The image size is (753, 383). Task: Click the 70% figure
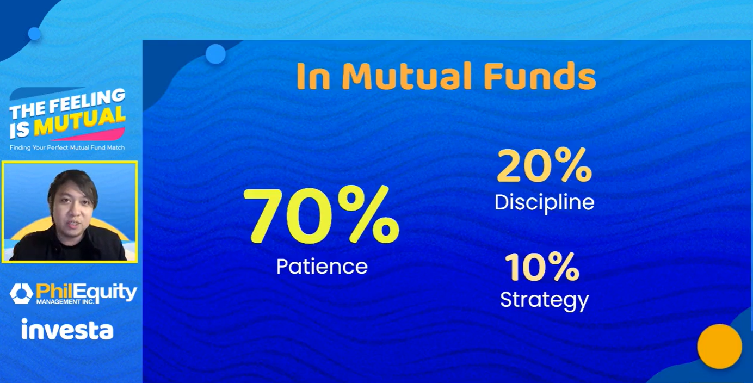click(x=322, y=215)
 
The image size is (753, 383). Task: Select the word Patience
click(x=322, y=267)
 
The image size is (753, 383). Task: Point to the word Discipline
click(x=544, y=203)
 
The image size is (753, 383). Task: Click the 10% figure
click(x=542, y=267)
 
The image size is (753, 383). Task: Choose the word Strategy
click(x=544, y=300)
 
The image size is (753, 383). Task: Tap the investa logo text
click(x=67, y=329)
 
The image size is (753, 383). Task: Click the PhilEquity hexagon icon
click(x=21, y=293)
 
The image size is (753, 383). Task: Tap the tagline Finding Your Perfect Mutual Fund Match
click(x=67, y=147)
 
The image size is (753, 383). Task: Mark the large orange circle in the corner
click(x=719, y=347)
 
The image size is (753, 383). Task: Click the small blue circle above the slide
click(x=215, y=54)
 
